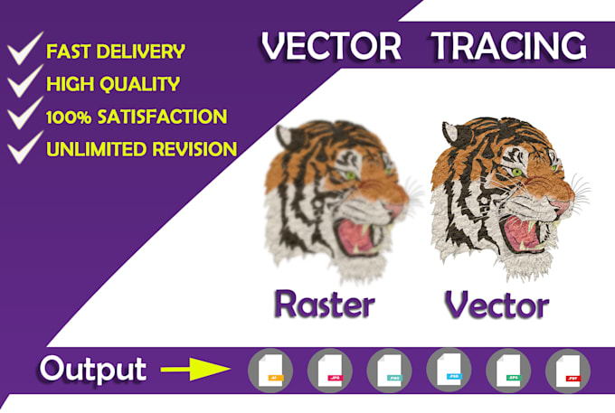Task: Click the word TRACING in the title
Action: [x=507, y=45]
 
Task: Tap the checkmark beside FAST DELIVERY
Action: [x=24, y=51]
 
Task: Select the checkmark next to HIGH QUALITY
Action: [x=24, y=84]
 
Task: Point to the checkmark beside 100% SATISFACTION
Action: [x=24, y=117]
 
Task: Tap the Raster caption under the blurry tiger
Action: [x=323, y=305]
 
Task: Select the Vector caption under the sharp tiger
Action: [x=497, y=305]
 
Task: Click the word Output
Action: [x=91, y=370]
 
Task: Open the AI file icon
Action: [x=270, y=371]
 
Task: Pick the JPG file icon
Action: [x=329, y=371]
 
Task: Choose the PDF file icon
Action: [x=568, y=371]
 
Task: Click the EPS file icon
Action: [x=508, y=371]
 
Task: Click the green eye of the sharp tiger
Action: [x=516, y=172]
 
